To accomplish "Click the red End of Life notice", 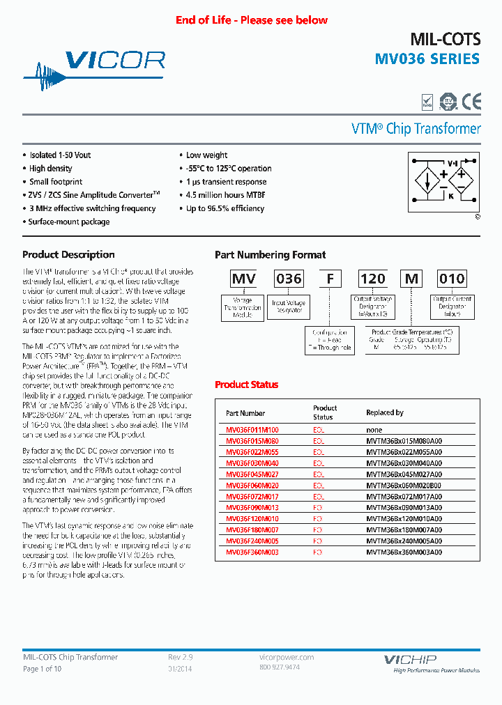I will click(x=251, y=20).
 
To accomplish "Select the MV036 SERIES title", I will click(x=427, y=59).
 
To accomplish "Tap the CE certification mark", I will click(x=471, y=102).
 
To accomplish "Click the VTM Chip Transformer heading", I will click(x=416, y=129).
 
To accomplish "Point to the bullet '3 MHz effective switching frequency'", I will click(x=92, y=208).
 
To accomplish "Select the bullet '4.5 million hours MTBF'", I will click(x=225, y=195).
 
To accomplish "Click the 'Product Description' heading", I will click(x=68, y=255).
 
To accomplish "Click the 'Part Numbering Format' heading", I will click(x=270, y=255).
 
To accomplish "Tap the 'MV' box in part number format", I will click(x=244, y=279).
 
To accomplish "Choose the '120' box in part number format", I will click(x=372, y=279).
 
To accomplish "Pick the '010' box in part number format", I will click(x=451, y=279).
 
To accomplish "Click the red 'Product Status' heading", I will click(x=246, y=385).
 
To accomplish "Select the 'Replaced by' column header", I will click(x=385, y=412).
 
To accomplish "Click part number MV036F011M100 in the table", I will click(x=252, y=431).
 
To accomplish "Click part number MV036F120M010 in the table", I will click(x=252, y=519).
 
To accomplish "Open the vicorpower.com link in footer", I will click(x=286, y=657).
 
